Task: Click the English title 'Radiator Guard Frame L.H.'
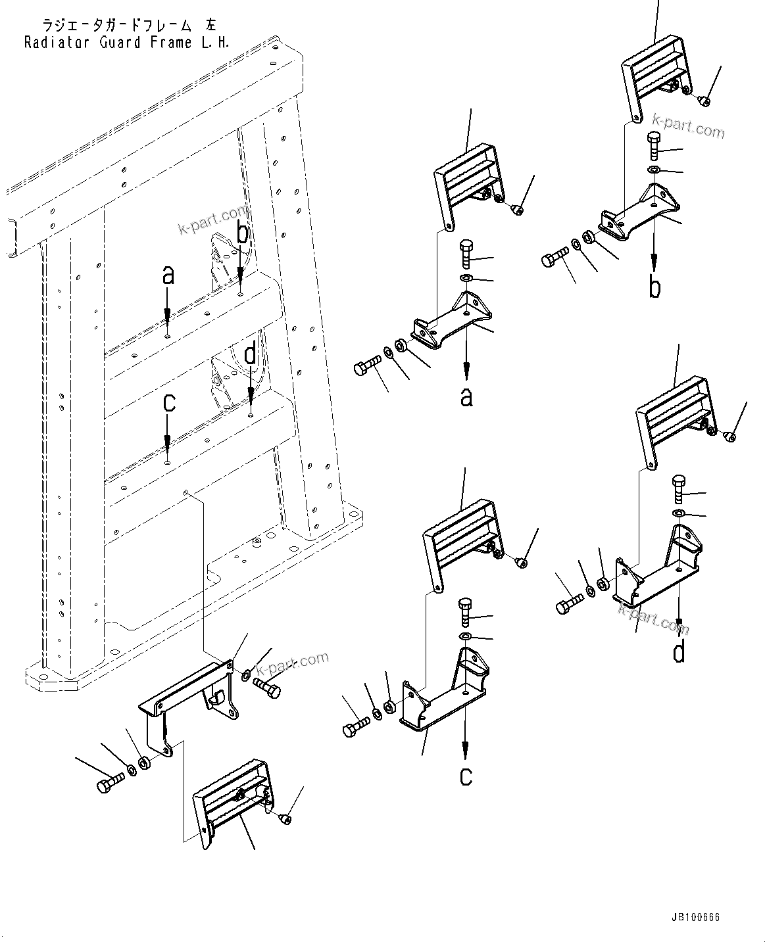(127, 43)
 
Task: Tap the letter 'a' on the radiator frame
(168, 275)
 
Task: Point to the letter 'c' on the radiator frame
(169, 402)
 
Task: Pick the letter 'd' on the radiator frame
(251, 355)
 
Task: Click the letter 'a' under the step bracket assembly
(466, 397)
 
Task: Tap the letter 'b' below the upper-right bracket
(654, 287)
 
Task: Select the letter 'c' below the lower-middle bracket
(466, 776)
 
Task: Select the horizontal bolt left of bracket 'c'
(355, 726)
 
